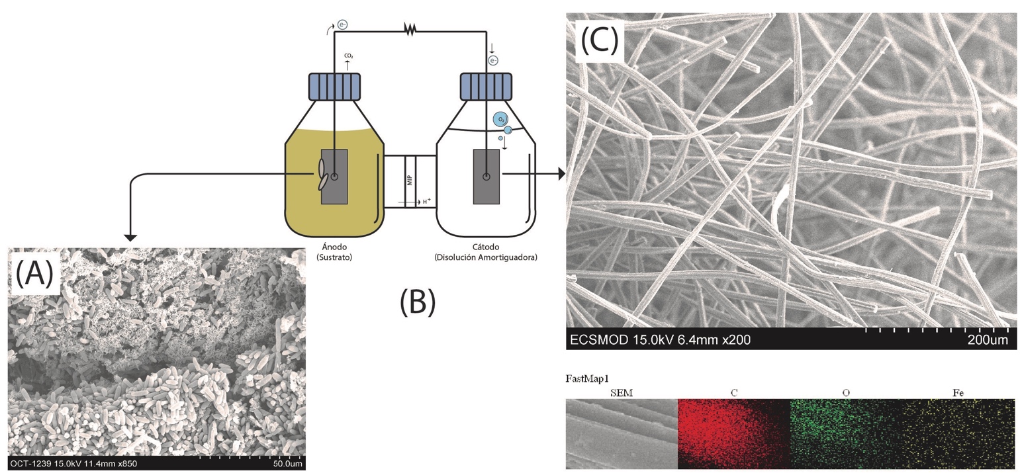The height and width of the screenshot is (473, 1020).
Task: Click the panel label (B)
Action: (x=418, y=301)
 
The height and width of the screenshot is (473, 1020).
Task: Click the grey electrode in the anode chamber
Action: (x=335, y=177)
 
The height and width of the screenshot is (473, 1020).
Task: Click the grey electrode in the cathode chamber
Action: (x=487, y=177)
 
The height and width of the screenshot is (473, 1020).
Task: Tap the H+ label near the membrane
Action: (x=427, y=201)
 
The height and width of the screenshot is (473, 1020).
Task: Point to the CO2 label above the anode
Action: (x=348, y=57)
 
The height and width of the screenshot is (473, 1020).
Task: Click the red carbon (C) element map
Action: (x=733, y=433)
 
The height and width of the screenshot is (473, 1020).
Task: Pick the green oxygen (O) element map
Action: (x=845, y=433)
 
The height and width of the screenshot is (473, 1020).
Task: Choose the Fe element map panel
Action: (x=958, y=433)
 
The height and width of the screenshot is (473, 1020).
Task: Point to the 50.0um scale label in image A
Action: (x=287, y=464)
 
